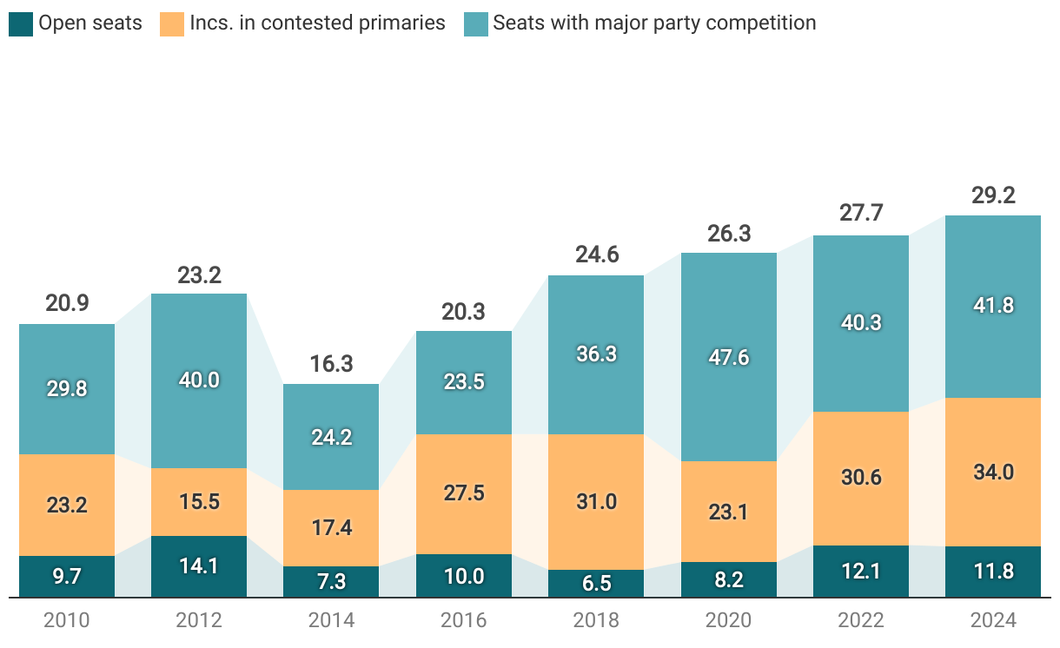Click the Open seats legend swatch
tap(21, 23)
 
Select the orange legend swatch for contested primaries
tap(172, 23)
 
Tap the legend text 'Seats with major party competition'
tap(654, 23)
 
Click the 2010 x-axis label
tap(67, 620)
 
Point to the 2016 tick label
tap(464, 620)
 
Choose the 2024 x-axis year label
tap(993, 620)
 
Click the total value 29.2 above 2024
tap(993, 195)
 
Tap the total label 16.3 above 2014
tap(331, 363)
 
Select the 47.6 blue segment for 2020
tap(728, 357)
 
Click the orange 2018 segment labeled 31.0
tap(596, 501)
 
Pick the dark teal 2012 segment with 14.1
tap(199, 566)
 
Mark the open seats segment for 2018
tap(596, 583)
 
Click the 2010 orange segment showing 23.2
tap(67, 505)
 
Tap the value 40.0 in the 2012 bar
tap(199, 380)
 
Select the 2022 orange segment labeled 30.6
tap(860, 478)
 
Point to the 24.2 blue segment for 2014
tap(331, 437)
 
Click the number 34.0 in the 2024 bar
tap(993, 473)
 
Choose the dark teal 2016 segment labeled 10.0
tap(464, 576)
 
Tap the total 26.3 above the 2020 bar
tap(728, 234)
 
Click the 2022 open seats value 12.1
tap(860, 572)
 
